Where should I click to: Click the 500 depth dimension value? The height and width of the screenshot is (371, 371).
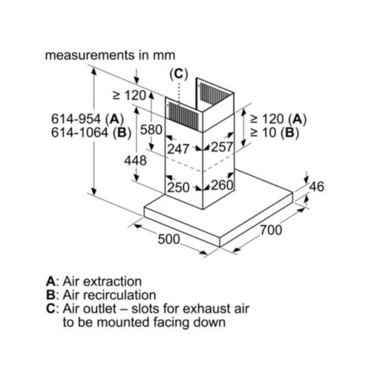(x=169, y=239)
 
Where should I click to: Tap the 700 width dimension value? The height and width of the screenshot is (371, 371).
(x=271, y=230)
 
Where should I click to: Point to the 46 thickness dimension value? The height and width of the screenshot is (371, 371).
(x=317, y=186)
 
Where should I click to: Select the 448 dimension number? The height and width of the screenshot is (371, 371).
(x=135, y=160)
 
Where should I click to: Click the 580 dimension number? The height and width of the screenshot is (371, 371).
(x=151, y=130)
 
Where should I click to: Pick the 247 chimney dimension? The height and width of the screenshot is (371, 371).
(x=178, y=149)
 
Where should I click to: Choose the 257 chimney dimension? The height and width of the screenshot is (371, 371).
(x=222, y=147)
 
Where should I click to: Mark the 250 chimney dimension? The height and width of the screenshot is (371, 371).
(x=179, y=187)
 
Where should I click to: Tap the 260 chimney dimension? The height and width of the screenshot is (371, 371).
(x=223, y=185)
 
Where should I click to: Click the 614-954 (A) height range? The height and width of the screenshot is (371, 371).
(x=88, y=119)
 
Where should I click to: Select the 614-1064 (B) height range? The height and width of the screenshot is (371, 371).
(x=91, y=133)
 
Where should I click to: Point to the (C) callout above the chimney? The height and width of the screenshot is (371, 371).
(x=179, y=74)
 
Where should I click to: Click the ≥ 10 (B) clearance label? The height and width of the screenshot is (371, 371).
(x=275, y=133)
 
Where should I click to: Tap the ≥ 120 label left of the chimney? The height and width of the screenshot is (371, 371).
(x=129, y=96)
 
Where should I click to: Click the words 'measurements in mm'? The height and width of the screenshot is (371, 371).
(x=111, y=55)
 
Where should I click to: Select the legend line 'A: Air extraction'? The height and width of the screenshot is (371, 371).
(x=94, y=281)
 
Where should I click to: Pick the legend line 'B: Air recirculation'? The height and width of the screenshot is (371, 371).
(x=101, y=295)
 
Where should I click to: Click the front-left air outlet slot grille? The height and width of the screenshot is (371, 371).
(x=183, y=116)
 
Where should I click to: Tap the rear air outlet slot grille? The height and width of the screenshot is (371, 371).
(x=214, y=93)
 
